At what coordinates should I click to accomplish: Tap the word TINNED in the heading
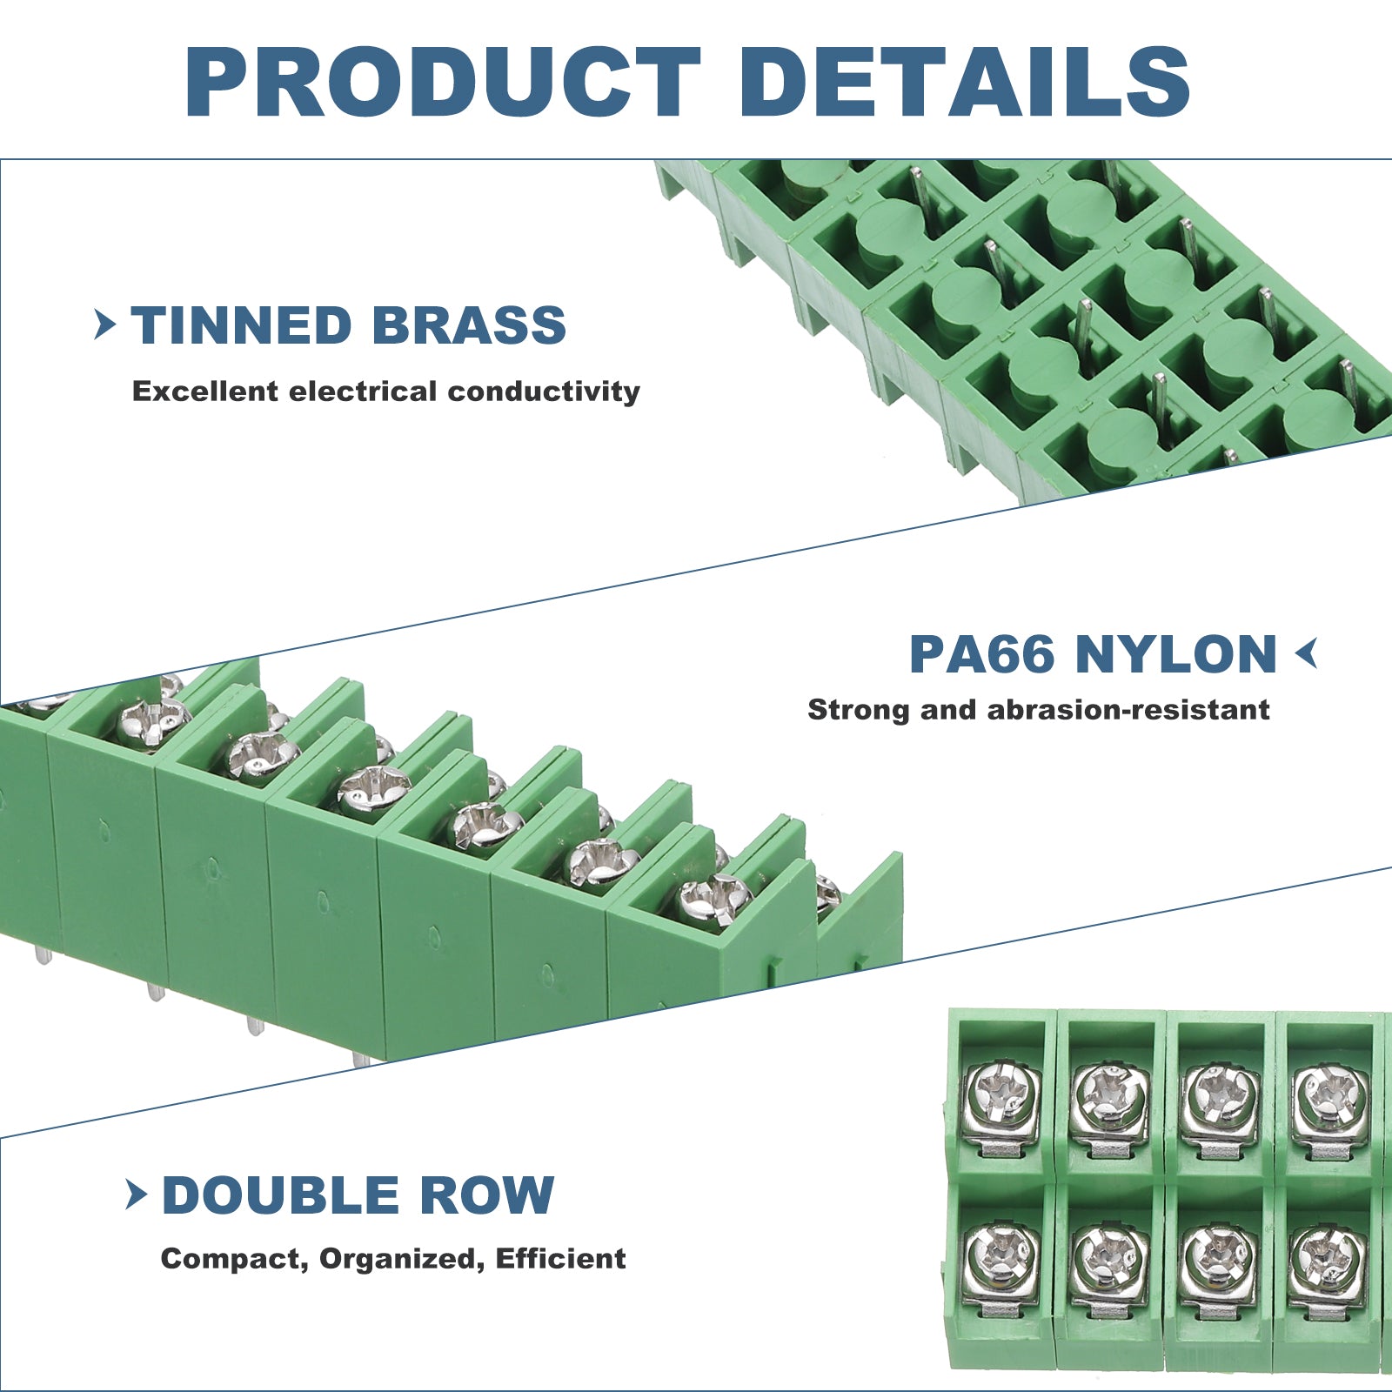tap(241, 325)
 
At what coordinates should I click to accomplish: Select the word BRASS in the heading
tap(469, 325)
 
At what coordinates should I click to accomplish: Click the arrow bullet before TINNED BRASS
tap(105, 325)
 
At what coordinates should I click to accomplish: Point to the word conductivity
tap(544, 391)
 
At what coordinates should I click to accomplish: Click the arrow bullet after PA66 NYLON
tap(1306, 653)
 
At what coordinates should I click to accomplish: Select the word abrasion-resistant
tap(1128, 710)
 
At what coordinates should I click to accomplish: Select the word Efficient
tap(561, 1258)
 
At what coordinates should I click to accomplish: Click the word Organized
tap(402, 1259)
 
